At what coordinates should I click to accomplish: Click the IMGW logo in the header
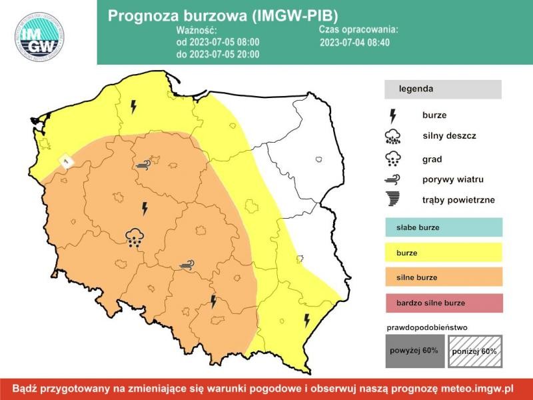point(40,37)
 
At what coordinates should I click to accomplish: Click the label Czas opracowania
point(358,30)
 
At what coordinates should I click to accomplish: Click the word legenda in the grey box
point(416,89)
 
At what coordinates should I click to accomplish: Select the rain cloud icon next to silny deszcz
point(393,137)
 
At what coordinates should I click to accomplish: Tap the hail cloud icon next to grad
point(393,159)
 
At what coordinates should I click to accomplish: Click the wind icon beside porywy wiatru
point(393,179)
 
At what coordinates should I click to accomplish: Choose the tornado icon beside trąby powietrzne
point(393,199)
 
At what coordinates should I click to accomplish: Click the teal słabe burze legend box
point(443,227)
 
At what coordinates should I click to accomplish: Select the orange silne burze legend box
point(443,277)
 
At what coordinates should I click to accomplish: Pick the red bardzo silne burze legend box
point(443,303)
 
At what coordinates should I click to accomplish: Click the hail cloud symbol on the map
point(135,237)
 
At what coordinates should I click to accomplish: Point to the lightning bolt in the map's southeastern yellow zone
point(307,321)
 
